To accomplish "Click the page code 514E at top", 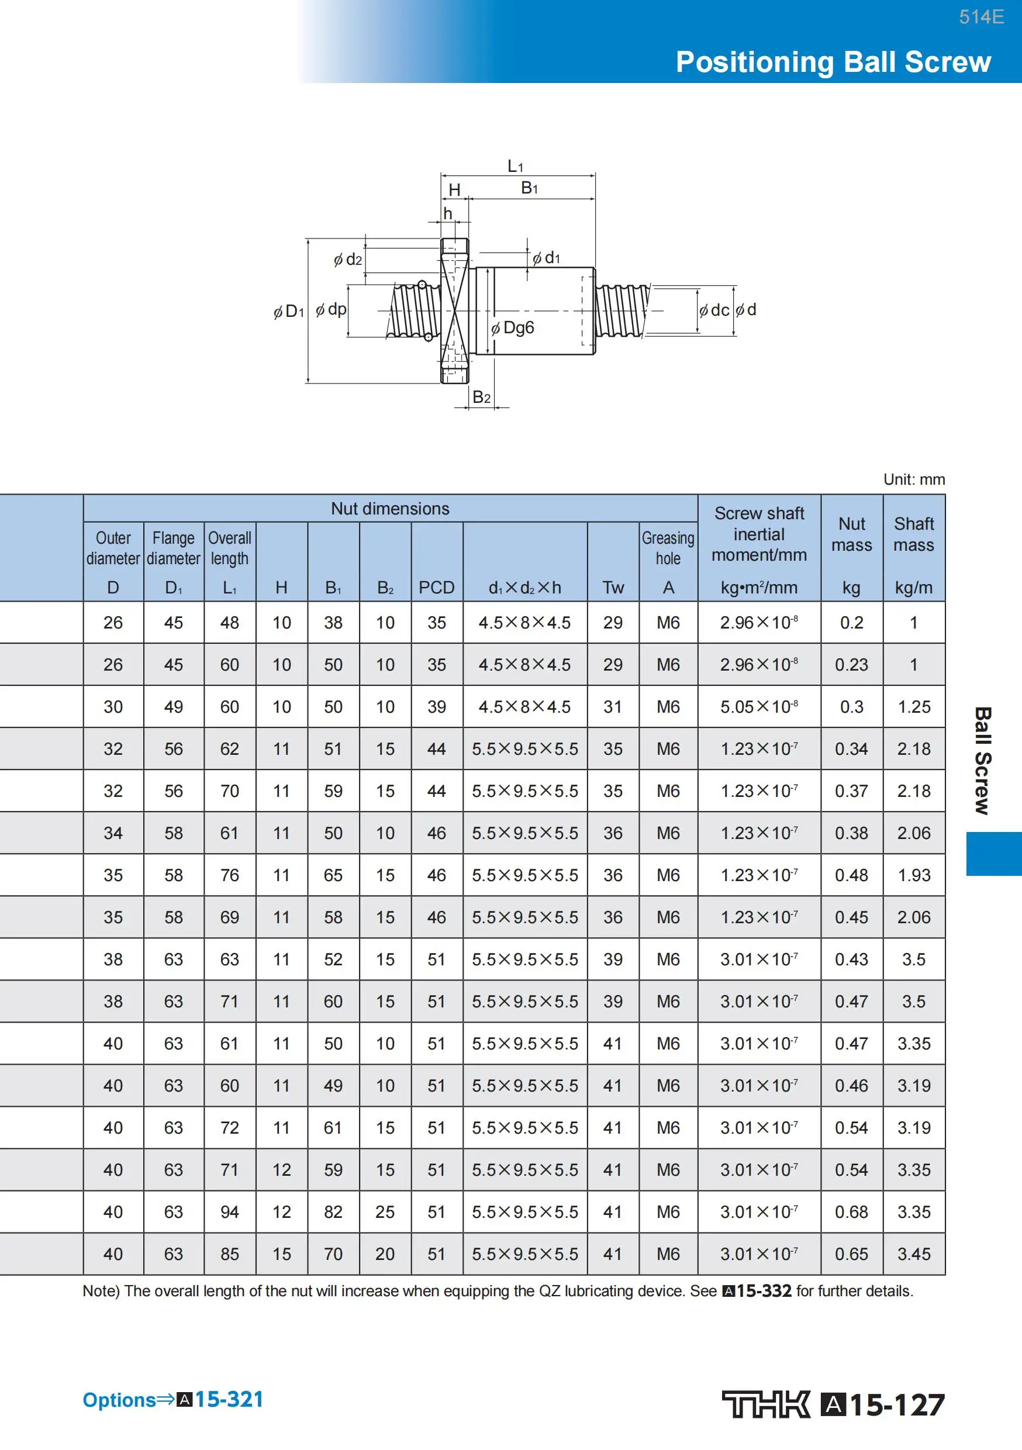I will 981,17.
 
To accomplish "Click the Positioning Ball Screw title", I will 833,62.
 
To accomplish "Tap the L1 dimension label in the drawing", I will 516,166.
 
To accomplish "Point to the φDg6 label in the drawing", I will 513,328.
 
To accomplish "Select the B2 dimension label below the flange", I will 481,397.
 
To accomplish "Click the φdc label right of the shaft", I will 714,310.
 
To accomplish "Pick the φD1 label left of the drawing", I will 289,312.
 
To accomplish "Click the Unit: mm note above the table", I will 913,479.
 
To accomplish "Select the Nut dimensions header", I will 390,509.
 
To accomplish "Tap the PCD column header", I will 437,588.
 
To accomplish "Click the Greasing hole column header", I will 668,548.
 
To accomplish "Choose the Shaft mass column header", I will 913,534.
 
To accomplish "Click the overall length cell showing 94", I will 229,1212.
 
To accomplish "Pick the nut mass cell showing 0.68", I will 851,1212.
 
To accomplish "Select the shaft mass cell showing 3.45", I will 913,1254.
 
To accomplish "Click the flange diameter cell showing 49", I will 173,707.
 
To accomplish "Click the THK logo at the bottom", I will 765,1404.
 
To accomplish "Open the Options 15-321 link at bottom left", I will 173,1400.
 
